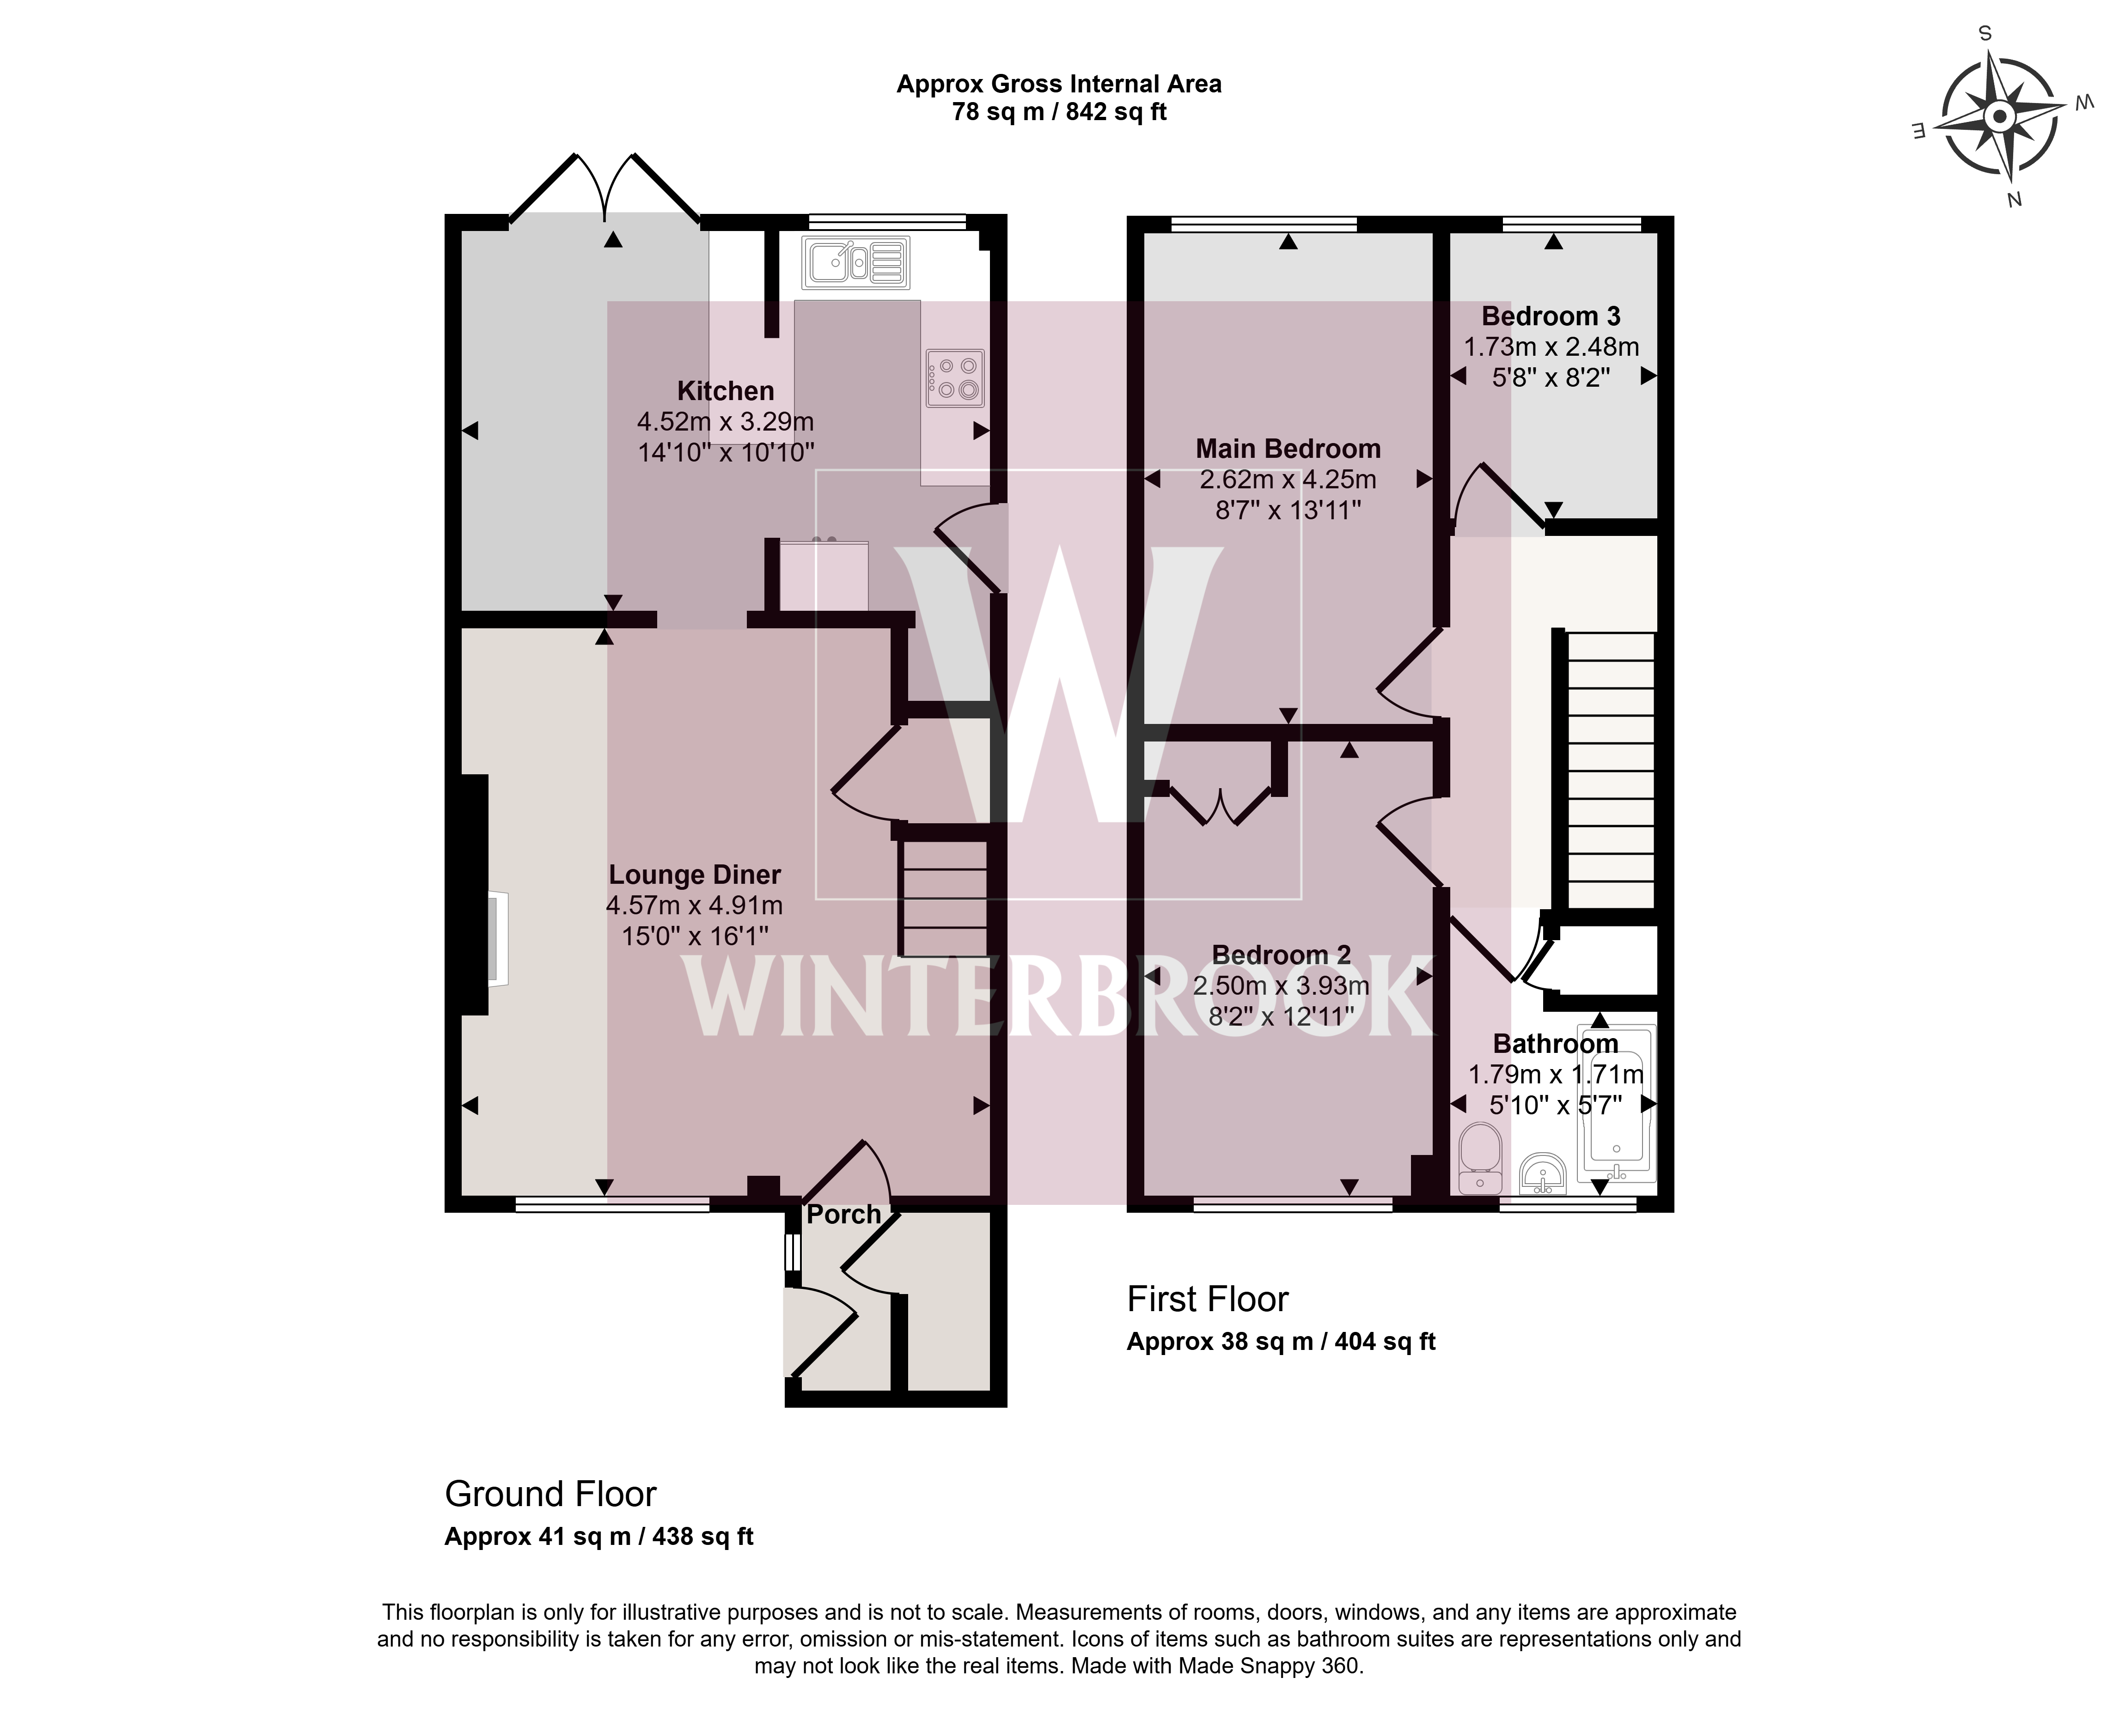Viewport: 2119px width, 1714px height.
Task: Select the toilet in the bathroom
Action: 1479,1157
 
